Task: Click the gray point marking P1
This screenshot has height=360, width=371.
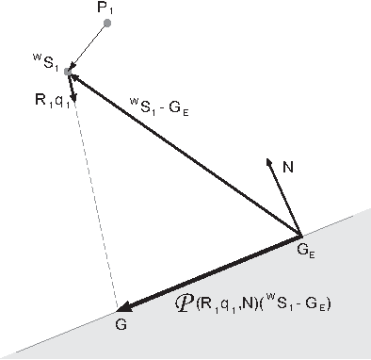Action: [x=106, y=24]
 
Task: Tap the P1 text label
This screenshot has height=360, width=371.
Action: [x=105, y=8]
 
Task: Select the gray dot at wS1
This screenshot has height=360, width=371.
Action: [x=68, y=71]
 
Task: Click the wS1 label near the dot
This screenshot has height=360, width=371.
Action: [x=45, y=66]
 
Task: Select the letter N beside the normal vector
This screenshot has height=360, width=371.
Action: [x=288, y=166]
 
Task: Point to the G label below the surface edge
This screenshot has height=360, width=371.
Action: [x=121, y=324]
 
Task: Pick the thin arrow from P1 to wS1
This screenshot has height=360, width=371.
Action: [x=88, y=46]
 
